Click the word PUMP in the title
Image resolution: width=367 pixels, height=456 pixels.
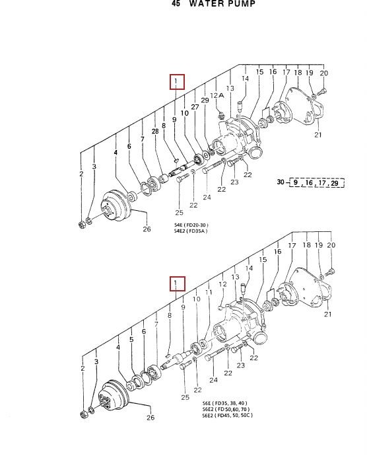241,3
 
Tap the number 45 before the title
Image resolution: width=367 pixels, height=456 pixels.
176,3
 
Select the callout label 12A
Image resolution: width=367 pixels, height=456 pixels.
217,95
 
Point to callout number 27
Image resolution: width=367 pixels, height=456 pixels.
195,106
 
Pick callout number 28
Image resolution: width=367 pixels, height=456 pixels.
155,131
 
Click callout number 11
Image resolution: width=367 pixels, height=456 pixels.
209,292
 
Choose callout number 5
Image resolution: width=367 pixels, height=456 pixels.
131,340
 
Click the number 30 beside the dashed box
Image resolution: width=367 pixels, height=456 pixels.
280,182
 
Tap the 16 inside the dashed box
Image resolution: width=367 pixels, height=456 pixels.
309,182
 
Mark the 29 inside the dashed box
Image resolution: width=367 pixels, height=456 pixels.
335,183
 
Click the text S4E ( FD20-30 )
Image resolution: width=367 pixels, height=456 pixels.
191,225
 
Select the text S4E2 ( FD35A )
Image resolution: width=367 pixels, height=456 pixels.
191,231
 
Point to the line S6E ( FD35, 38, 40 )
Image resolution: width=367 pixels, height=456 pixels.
224,403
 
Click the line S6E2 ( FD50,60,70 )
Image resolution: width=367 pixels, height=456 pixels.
226,409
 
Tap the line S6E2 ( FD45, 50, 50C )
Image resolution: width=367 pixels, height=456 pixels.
228,415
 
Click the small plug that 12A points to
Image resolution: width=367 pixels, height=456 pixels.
221,116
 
